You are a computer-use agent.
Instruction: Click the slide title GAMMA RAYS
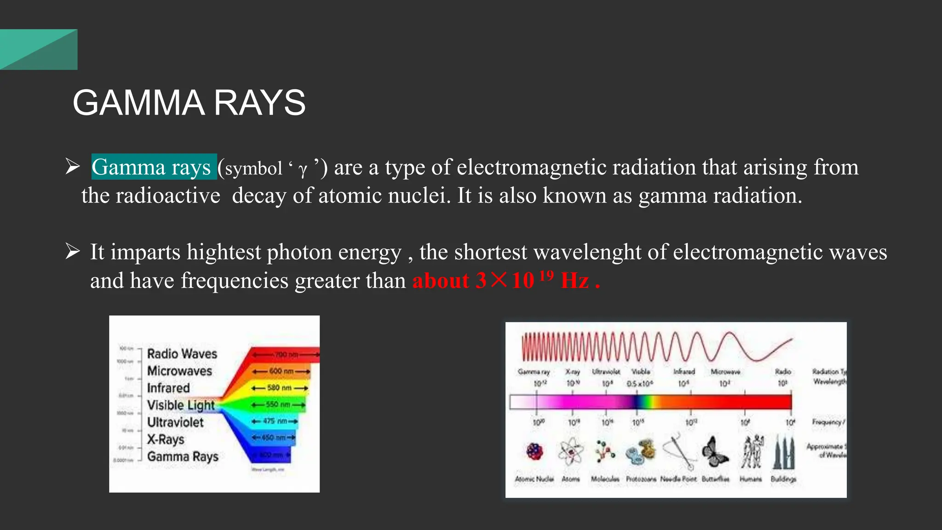[x=189, y=103]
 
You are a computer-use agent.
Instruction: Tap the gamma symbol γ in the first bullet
[x=302, y=169]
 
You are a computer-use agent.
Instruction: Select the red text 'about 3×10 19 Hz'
[x=505, y=280]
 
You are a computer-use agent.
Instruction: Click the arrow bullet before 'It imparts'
[x=72, y=252]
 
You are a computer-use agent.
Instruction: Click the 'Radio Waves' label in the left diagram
[x=182, y=354]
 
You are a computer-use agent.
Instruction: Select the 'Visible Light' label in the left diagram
[x=180, y=405]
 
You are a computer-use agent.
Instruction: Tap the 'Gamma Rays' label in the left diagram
[x=183, y=456]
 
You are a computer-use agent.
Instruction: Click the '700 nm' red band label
[x=286, y=355]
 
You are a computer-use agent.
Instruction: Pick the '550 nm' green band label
[x=278, y=404]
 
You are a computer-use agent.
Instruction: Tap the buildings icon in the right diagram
[x=784, y=452]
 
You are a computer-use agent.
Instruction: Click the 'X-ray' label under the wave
[x=573, y=371]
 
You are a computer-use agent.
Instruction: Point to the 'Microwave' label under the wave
[x=725, y=371]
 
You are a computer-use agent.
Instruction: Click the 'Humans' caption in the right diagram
[x=750, y=479]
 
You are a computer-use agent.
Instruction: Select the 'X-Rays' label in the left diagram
[x=166, y=439]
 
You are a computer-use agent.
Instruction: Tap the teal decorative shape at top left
[x=39, y=50]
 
